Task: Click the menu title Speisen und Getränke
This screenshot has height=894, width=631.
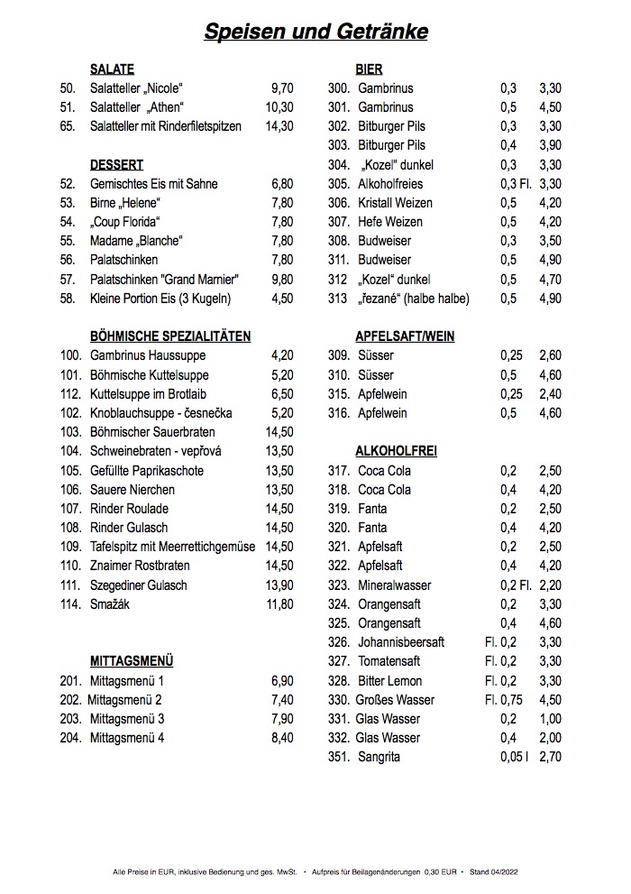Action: pos(315,32)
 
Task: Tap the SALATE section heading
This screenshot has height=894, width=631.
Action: pos(112,69)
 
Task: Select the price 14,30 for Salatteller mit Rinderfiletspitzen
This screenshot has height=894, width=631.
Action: pos(279,126)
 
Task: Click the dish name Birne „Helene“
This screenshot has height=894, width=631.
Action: pos(125,203)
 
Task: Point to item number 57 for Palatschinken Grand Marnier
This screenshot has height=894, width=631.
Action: pos(68,280)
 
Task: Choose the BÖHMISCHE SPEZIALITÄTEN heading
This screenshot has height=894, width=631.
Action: pos(170,336)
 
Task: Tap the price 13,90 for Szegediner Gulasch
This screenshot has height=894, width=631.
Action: pos(279,585)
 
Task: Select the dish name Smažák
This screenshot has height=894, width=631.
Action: pos(110,604)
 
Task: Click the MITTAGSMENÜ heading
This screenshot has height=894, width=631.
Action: pos(132,661)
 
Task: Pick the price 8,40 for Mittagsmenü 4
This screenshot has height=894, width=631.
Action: pos(282,738)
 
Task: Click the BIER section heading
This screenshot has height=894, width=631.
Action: pos(369,69)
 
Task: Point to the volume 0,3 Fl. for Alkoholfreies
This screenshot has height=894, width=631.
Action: pos(516,184)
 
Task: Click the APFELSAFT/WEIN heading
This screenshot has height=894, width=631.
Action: pos(405,336)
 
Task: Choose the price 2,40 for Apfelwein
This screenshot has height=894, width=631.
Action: pos(550,394)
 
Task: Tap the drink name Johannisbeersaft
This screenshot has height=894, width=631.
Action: pos(401,642)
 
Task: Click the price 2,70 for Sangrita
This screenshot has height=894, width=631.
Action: pos(550,757)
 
